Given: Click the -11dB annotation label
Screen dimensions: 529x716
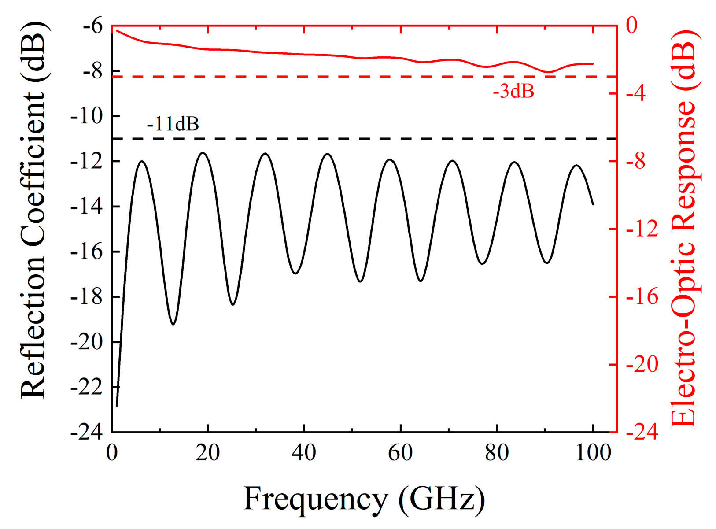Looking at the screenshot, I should point(173,124).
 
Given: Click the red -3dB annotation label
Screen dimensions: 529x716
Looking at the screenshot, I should point(513,92).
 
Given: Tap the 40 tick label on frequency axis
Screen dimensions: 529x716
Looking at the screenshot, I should point(304,452).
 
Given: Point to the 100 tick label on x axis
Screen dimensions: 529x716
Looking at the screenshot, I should point(593,452).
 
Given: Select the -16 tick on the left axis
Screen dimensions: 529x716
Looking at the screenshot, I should point(87,252).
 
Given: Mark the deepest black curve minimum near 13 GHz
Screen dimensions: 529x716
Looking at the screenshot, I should point(173,324).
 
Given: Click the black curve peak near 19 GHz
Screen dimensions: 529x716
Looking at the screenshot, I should point(203,153).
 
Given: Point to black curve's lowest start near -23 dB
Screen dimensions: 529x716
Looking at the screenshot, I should point(117,406).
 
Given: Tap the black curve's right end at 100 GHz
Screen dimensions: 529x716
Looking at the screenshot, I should point(593,204).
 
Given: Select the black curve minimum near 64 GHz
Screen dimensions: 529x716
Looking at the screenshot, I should point(421,281).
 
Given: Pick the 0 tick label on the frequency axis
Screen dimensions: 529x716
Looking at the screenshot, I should point(112,452).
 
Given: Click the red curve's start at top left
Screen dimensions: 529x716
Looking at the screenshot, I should point(117,30).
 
